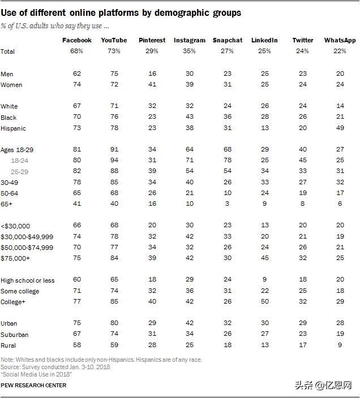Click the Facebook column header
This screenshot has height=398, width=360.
click(x=77, y=40)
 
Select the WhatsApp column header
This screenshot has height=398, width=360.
click(x=340, y=40)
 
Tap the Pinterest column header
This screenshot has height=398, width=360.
click(x=152, y=40)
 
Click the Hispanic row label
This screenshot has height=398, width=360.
click(x=13, y=128)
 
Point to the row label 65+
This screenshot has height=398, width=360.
click(x=6, y=204)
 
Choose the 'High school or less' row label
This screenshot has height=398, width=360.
click(x=27, y=280)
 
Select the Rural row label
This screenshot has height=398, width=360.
click(x=8, y=345)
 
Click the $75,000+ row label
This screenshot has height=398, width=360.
click(x=15, y=258)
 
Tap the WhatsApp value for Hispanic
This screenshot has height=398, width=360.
click(x=340, y=128)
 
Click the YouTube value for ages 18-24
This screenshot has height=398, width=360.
click(x=114, y=160)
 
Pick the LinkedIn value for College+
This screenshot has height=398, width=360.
click(x=265, y=301)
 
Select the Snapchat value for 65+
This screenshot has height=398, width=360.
click(x=227, y=204)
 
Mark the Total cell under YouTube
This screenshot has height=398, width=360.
click(x=114, y=51)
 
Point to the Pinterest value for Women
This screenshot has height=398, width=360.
click(x=152, y=84)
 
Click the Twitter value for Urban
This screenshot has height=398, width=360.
click(x=303, y=323)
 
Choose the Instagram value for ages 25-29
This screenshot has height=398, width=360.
click(x=190, y=171)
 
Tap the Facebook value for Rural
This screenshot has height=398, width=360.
click(x=77, y=345)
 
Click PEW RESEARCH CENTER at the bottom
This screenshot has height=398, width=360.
click(x=33, y=386)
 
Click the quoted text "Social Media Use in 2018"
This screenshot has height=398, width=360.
click(x=36, y=374)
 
